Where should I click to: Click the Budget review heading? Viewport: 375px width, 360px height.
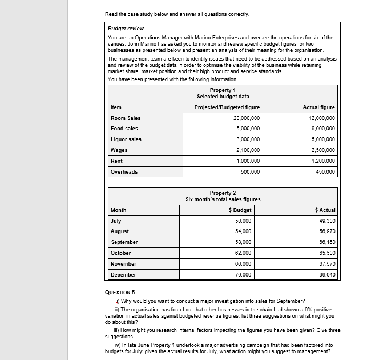126,28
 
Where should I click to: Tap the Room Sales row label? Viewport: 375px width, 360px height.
126,118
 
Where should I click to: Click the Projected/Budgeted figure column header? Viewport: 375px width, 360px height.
227,107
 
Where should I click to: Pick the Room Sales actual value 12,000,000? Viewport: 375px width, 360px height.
322,118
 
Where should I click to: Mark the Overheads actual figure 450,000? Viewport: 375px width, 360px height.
325,171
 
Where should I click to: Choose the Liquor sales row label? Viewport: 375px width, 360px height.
126,139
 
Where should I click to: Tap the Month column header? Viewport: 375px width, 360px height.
119,210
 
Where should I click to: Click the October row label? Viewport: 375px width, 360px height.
120,253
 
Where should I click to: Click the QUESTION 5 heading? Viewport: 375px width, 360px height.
120,292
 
